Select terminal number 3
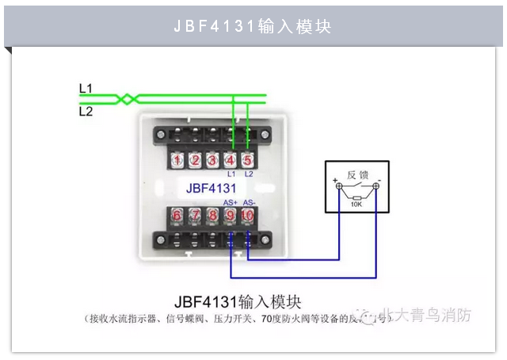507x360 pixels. pyautogui.click(x=213, y=160)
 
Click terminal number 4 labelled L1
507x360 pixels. pyautogui.click(x=231, y=160)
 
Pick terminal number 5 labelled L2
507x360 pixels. pyautogui.click(x=248, y=160)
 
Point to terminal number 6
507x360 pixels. pyautogui.click(x=177, y=215)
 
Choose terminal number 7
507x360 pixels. pyautogui.click(x=195, y=215)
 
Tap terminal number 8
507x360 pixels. pyautogui.click(x=212, y=215)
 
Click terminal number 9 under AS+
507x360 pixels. pyautogui.click(x=231, y=215)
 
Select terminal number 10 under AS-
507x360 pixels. pyautogui.click(x=248, y=215)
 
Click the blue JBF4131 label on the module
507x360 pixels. pyautogui.click(x=212, y=189)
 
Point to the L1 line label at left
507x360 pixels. pyautogui.click(x=86, y=87)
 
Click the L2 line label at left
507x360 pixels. pyautogui.click(x=86, y=112)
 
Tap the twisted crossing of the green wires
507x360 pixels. pyautogui.click(x=128, y=99)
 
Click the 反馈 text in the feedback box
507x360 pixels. pyautogui.click(x=357, y=174)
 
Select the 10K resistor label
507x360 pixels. pyautogui.click(x=356, y=204)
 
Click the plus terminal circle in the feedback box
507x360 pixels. pyautogui.click(x=341, y=186)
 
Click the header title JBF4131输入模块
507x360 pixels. pyautogui.click(x=253, y=26)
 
